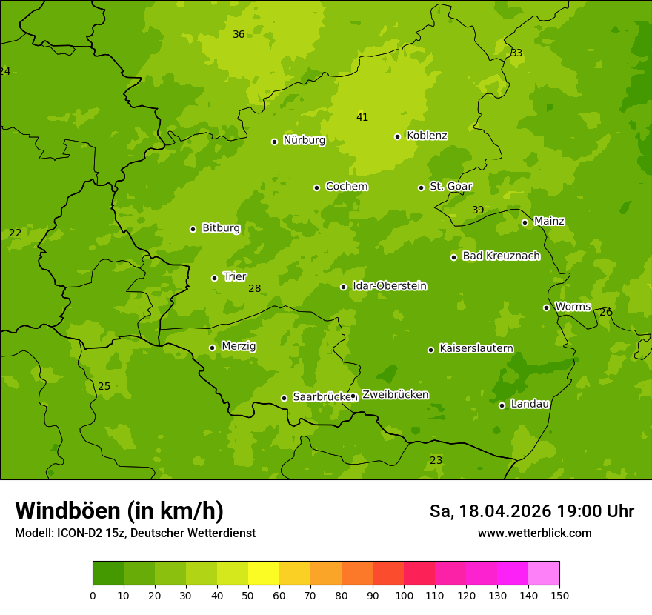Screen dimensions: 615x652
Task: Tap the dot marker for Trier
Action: coord(215,278)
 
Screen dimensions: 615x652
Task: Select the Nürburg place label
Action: coord(304,140)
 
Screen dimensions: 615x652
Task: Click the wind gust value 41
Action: coord(362,117)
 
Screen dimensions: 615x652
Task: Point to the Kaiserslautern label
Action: coord(476,348)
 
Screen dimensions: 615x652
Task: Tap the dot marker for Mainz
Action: coord(525,222)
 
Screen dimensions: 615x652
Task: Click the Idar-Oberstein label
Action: coord(389,286)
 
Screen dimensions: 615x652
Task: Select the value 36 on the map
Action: coord(239,34)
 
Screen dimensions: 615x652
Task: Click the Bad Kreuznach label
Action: coord(501,256)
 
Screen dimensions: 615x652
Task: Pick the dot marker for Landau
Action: coord(502,405)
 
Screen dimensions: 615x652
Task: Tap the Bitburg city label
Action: coord(221,228)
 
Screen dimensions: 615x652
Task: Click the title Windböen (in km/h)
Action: coord(119,511)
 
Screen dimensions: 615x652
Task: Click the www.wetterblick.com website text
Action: coord(534,533)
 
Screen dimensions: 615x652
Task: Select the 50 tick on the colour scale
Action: coord(248,595)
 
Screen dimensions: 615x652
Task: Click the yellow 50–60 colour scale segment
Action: coord(264,574)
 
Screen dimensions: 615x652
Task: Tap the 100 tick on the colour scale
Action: coord(404,595)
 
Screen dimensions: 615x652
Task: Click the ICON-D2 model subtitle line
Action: coord(135,533)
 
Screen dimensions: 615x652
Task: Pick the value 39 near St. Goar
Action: coord(478,210)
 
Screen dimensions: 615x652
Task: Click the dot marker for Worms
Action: coord(546,307)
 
